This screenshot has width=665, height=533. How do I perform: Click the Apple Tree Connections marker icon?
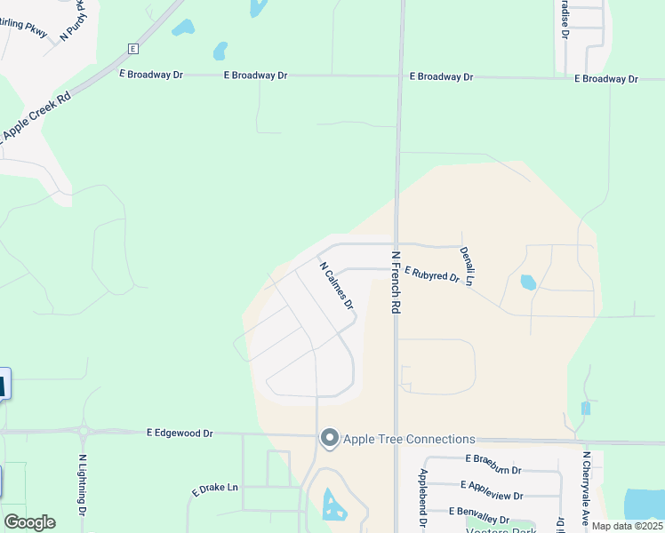pos(330,438)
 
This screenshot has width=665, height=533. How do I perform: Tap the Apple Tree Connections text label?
pos(409,439)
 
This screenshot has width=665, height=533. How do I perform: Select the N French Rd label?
pos(397,282)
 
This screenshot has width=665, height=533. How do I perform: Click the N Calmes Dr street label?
pos(337,285)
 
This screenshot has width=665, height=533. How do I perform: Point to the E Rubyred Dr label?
pos(431,274)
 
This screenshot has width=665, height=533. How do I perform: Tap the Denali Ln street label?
pos(467,266)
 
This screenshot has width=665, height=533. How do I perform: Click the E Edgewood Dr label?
pos(180,433)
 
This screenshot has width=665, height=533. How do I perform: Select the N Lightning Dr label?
pos(82,485)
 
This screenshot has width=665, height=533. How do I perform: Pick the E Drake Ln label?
pos(215,489)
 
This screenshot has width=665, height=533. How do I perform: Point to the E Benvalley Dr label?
pos(479,511)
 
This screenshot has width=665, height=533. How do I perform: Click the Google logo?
pos(29,522)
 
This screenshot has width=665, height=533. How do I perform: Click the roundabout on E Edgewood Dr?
pos(84,434)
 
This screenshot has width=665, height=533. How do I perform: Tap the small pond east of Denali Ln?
pos(527,282)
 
